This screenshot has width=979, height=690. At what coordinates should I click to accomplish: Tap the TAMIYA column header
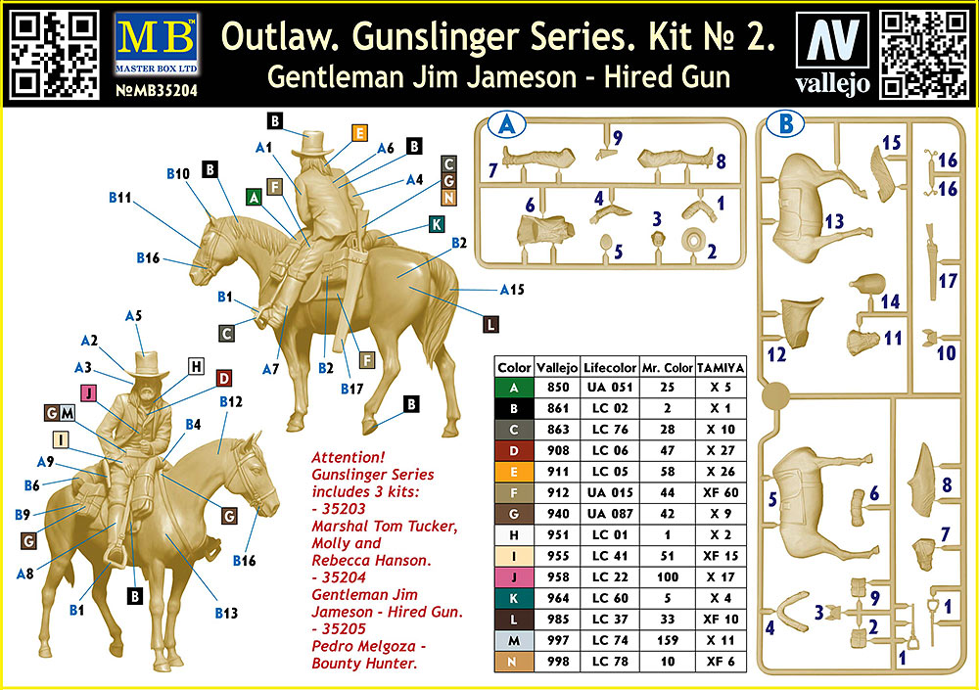tap(721, 368)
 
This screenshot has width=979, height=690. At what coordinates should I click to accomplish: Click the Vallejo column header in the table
tap(558, 368)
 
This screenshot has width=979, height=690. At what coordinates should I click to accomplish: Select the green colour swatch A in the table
tap(514, 387)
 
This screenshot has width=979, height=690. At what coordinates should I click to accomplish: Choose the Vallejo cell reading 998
tap(558, 660)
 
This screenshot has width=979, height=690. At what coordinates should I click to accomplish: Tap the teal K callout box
tap(436, 225)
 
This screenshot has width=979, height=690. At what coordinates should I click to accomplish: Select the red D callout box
tap(223, 378)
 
